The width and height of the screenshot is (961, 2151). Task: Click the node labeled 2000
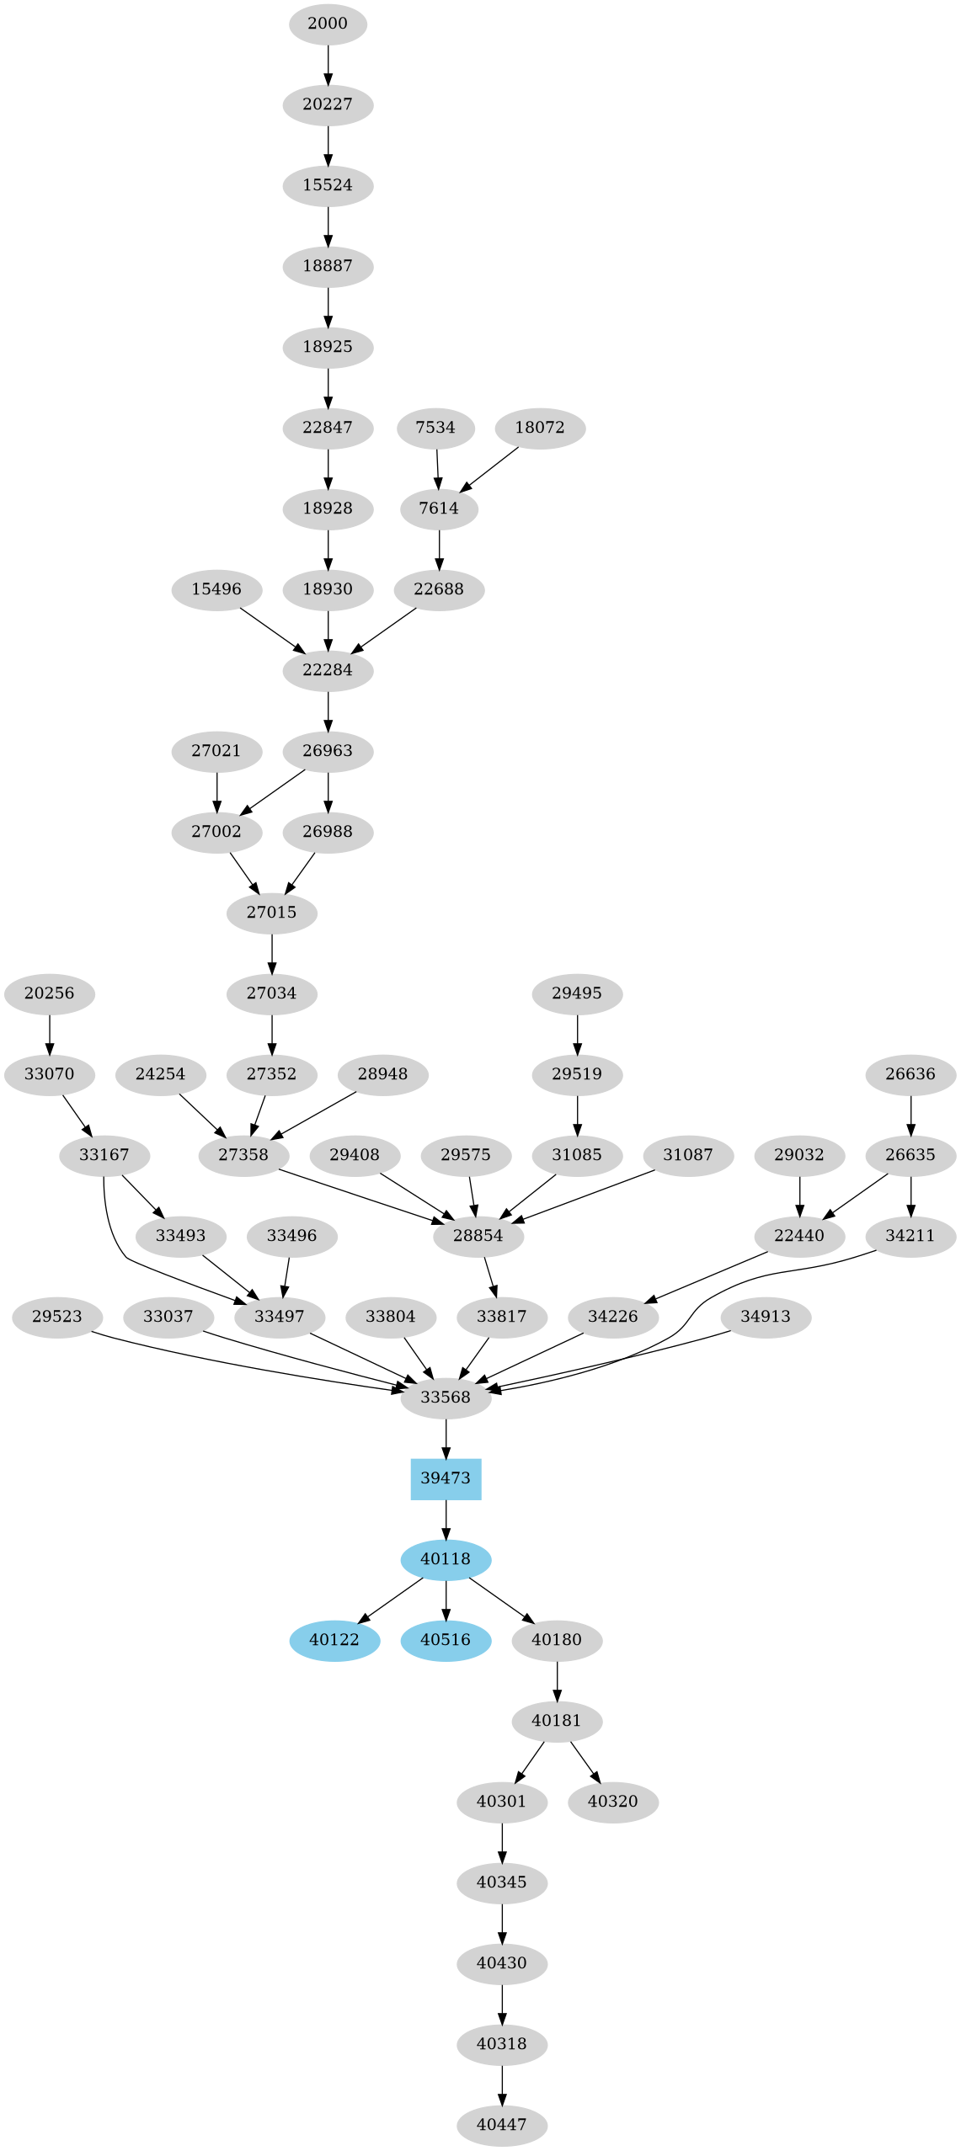tap(328, 24)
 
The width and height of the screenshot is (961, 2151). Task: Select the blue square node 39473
tap(446, 1478)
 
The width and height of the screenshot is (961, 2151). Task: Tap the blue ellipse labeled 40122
tap(334, 1640)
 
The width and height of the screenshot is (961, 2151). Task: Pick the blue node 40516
tap(446, 1640)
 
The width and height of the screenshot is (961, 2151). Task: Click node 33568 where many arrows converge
tap(446, 1398)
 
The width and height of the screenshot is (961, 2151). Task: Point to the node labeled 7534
tap(435, 428)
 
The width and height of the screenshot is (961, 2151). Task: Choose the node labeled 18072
tap(539, 428)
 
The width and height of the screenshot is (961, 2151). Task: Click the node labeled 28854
tap(478, 1236)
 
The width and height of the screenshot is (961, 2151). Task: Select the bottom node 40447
tap(502, 2125)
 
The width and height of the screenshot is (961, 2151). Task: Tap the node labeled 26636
tap(910, 1074)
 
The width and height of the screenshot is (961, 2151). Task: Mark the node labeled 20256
tap(50, 993)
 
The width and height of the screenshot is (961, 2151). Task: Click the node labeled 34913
tap(766, 1317)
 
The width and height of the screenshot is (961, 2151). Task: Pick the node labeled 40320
tap(613, 1802)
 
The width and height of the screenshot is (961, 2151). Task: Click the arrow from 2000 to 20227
tap(328, 63)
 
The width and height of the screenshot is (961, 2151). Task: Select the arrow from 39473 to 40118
tap(446, 1519)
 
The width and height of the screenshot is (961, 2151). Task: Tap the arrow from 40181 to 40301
tap(530, 1761)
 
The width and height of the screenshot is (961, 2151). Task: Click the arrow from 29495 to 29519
tap(577, 1034)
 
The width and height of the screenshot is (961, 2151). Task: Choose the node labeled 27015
tap(272, 913)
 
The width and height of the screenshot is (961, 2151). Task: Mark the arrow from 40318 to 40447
tap(502, 2084)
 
